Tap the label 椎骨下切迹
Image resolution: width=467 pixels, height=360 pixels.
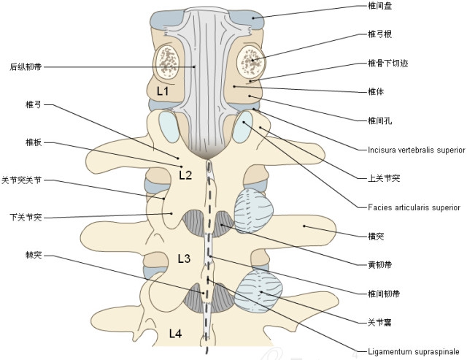[x=387, y=63]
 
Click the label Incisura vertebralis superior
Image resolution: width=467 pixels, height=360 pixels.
[x=416, y=150]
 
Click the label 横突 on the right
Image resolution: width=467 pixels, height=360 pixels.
[x=377, y=236]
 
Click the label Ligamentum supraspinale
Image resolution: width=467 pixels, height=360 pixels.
[x=412, y=351]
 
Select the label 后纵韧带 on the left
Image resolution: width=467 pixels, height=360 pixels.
[x=26, y=66]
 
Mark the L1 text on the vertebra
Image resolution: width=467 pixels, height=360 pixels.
[x=163, y=92]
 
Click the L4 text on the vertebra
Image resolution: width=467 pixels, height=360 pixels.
[x=175, y=334]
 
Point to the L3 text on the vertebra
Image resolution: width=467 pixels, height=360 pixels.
[x=184, y=258]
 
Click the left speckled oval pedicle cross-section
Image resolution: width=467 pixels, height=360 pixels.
[x=166, y=62]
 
